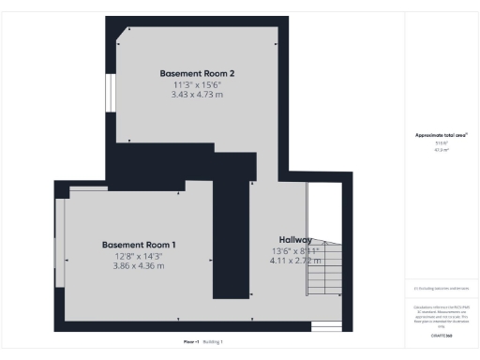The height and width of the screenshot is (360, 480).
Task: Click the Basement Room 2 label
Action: [x=197, y=73]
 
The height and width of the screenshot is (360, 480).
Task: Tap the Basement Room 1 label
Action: [x=139, y=245]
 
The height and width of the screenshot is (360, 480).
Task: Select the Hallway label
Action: [x=295, y=240]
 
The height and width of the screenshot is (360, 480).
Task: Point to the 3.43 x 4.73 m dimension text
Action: [x=197, y=94]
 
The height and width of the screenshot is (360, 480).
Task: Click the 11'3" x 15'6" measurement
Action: [x=197, y=83]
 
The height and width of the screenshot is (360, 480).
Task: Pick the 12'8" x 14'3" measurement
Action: [x=139, y=255]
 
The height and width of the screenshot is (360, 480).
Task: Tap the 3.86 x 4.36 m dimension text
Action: [x=139, y=265]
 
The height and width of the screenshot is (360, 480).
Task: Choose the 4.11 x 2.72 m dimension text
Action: [x=295, y=261]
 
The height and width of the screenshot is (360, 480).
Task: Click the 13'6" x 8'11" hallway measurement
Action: [x=295, y=250]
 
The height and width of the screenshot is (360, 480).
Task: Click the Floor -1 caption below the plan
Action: [x=190, y=342]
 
